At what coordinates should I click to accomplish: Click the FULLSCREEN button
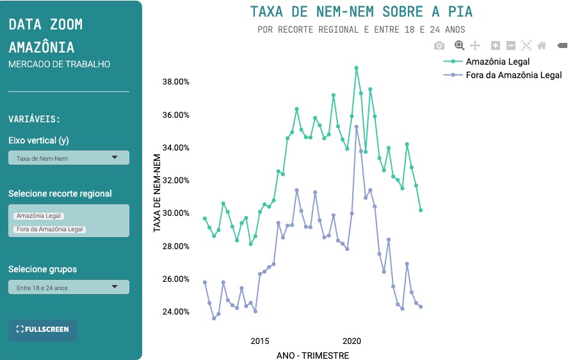click(x=42, y=329)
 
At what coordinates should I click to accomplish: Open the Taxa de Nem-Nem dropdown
click(x=69, y=158)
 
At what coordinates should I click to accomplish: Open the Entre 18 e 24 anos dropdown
click(x=69, y=288)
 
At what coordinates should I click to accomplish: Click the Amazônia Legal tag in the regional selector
click(x=38, y=216)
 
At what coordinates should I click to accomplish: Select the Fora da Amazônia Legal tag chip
click(x=50, y=229)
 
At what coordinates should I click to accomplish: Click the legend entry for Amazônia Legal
click(x=498, y=61)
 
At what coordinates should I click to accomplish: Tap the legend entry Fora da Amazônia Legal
click(x=514, y=75)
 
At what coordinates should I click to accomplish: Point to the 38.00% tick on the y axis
click(x=175, y=82)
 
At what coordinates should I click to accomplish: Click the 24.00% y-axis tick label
click(x=175, y=312)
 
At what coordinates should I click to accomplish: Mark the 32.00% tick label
click(x=175, y=181)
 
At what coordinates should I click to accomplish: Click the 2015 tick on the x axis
click(x=260, y=341)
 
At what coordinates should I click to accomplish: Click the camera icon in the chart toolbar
click(x=439, y=45)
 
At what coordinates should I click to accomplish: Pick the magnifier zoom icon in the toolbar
click(x=459, y=45)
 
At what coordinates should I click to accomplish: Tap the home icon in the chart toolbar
click(x=542, y=45)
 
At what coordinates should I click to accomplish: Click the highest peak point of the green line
click(x=357, y=68)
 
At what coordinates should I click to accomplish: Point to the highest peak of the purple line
click(x=357, y=127)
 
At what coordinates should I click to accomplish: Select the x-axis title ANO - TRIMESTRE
click(x=313, y=355)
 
